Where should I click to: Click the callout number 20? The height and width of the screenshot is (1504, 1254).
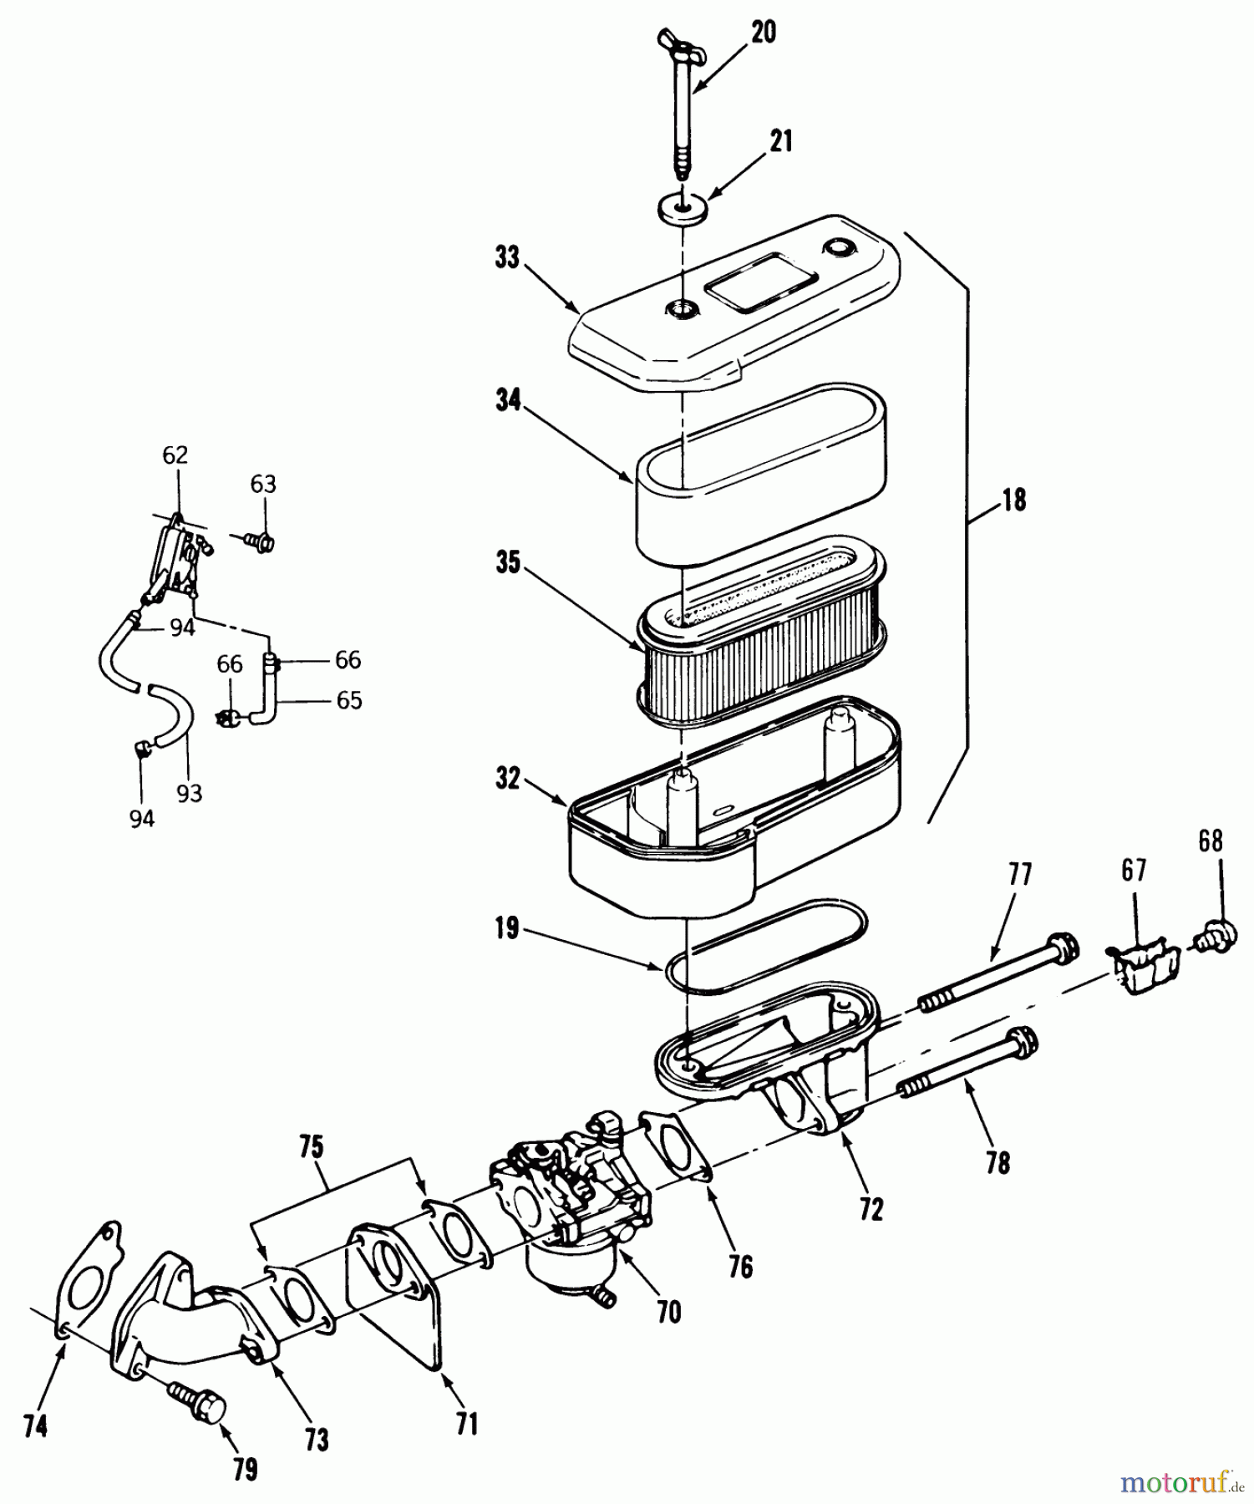(x=763, y=33)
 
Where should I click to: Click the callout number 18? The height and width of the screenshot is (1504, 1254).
(x=1013, y=500)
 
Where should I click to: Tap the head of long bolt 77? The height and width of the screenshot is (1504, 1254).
(x=1061, y=946)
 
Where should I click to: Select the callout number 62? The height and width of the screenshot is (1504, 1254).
(x=175, y=455)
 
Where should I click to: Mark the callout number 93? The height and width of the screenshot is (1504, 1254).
(x=190, y=793)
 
